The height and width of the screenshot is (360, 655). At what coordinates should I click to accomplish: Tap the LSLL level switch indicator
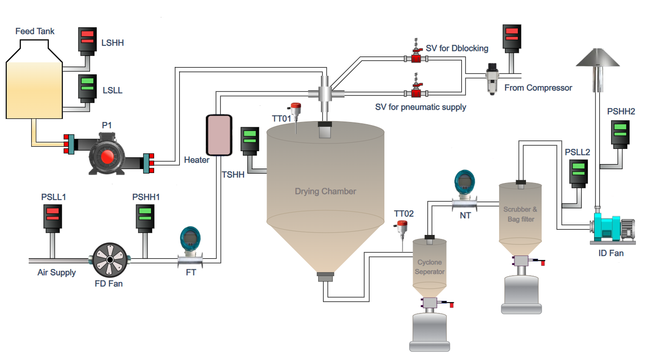coord(87,86)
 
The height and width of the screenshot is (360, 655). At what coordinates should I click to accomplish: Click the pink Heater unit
coord(219,134)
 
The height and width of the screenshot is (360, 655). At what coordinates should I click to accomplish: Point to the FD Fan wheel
coord(110,260)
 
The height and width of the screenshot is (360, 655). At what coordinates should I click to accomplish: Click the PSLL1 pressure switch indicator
coord(52,216)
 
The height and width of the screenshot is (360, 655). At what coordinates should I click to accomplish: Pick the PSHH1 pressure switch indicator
coord(145,216)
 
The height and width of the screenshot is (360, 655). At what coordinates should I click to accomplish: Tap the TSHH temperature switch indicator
coord(250,139)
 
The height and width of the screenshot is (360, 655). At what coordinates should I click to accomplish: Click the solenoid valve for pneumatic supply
coord(417,92)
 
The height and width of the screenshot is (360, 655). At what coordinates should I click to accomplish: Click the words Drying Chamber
coord(325,191)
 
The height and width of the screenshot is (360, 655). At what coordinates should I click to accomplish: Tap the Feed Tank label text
coord(35,31)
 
